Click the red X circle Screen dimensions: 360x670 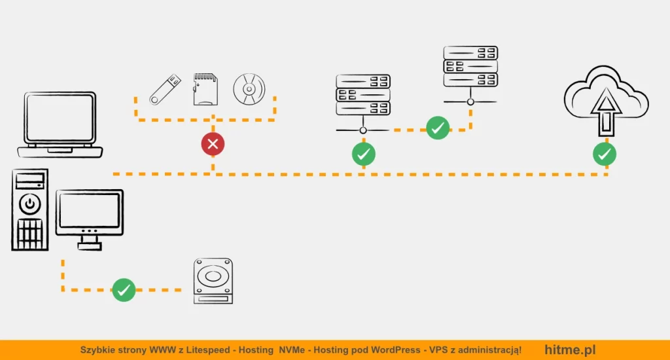(x=213, y=144)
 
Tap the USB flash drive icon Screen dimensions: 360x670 (x=165, y=89)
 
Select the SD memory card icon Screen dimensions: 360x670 (x=205, y=89)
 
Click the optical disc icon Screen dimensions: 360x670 (x=249, y=88)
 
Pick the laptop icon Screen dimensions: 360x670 (x=60, y=124)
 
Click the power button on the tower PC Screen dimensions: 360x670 (x=29, y=204)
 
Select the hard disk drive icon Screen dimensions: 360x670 (x=213, y=280)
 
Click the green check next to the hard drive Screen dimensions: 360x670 (x=124, y=290)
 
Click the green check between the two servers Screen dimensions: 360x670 (x=438, y=128)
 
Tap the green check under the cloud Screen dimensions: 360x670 (x=605, y=154)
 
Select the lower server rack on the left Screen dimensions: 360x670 (x=363, y=96)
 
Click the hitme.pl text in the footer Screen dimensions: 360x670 (x=570, y=350)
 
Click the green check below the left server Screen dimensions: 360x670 (x=364, y=154)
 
